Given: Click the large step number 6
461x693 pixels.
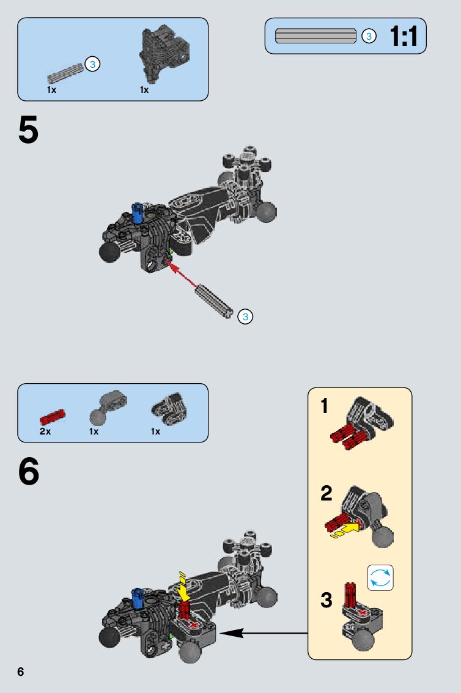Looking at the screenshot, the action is [x=28, y=472].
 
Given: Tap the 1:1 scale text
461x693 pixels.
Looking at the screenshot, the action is [x=404, y=37].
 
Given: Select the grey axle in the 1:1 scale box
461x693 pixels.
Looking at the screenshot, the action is [x=315, y=36].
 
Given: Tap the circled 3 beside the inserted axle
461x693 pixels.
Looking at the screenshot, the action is [x=245, y=317].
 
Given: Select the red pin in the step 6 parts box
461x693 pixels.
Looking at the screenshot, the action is [x=52, y=417].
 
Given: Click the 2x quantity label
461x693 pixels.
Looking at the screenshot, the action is [x=45, y=431].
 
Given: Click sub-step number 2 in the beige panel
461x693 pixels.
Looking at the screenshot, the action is [x=326, y=494].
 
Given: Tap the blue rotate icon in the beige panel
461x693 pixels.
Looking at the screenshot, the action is [x=380, y=577].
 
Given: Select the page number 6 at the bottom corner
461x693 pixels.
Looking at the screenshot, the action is [x=21, y=672].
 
